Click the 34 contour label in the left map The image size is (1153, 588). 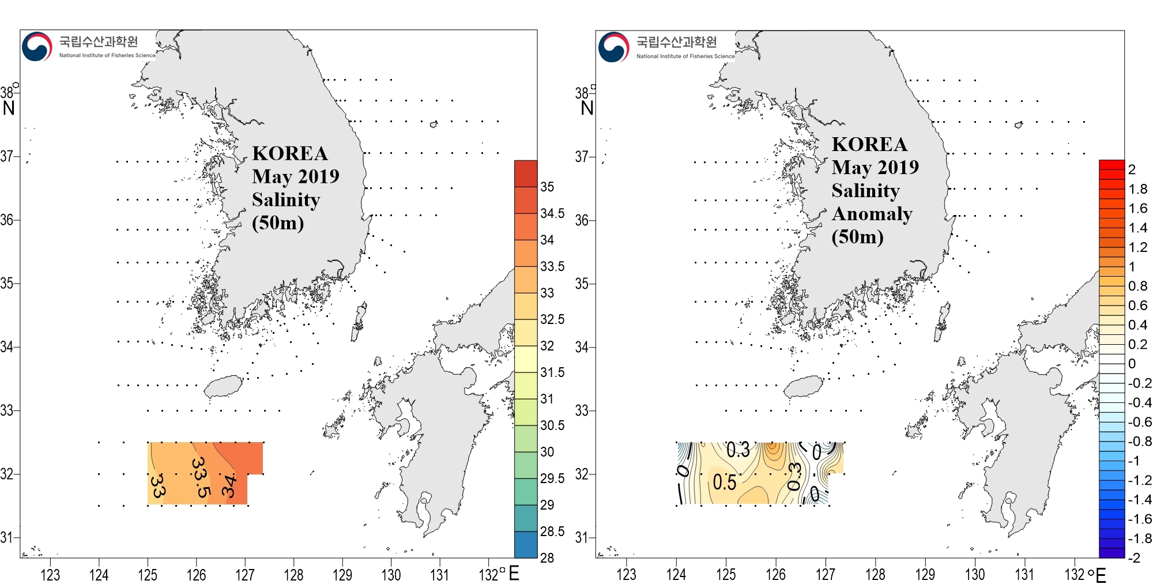coord(229,485)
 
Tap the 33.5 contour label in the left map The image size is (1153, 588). coord(200,477)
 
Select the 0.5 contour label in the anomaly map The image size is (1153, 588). coord(724,482)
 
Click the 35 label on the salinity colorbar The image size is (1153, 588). coord(547,187)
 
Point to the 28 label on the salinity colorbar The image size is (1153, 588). coord(547,557)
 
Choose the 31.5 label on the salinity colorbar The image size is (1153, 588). coord(552,372)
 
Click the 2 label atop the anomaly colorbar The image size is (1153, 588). coord(1132,169)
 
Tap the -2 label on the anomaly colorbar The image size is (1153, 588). coord(1134,557)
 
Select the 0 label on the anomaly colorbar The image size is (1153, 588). coord(1132,363)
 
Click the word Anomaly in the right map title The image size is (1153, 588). coord(872,214)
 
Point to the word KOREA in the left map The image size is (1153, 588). coord(290,153)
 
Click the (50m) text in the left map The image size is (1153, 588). coord(278,223)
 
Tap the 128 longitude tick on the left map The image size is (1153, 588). coord(293,575)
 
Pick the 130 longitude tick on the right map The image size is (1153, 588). coord(975,575)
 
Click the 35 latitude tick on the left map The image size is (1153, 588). coord(7,283)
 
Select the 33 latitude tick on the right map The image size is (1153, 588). coord(582,410)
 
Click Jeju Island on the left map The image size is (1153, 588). coord(224,386)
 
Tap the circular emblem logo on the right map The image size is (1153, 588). coord(613,47)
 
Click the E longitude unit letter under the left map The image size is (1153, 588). coord(514,573)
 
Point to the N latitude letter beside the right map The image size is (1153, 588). coord(587,108)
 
